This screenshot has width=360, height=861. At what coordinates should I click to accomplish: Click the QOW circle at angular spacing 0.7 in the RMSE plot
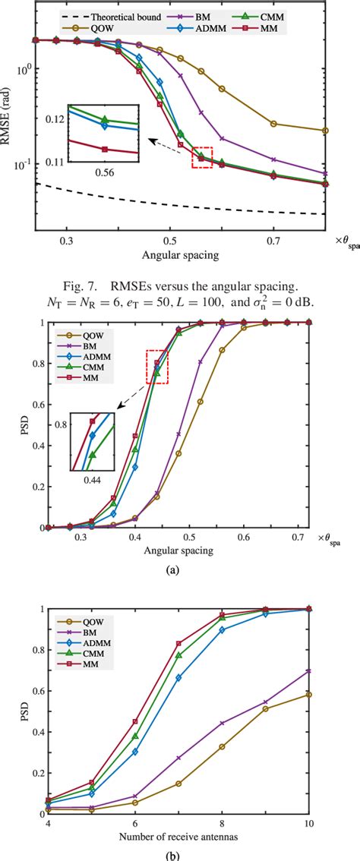273,124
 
